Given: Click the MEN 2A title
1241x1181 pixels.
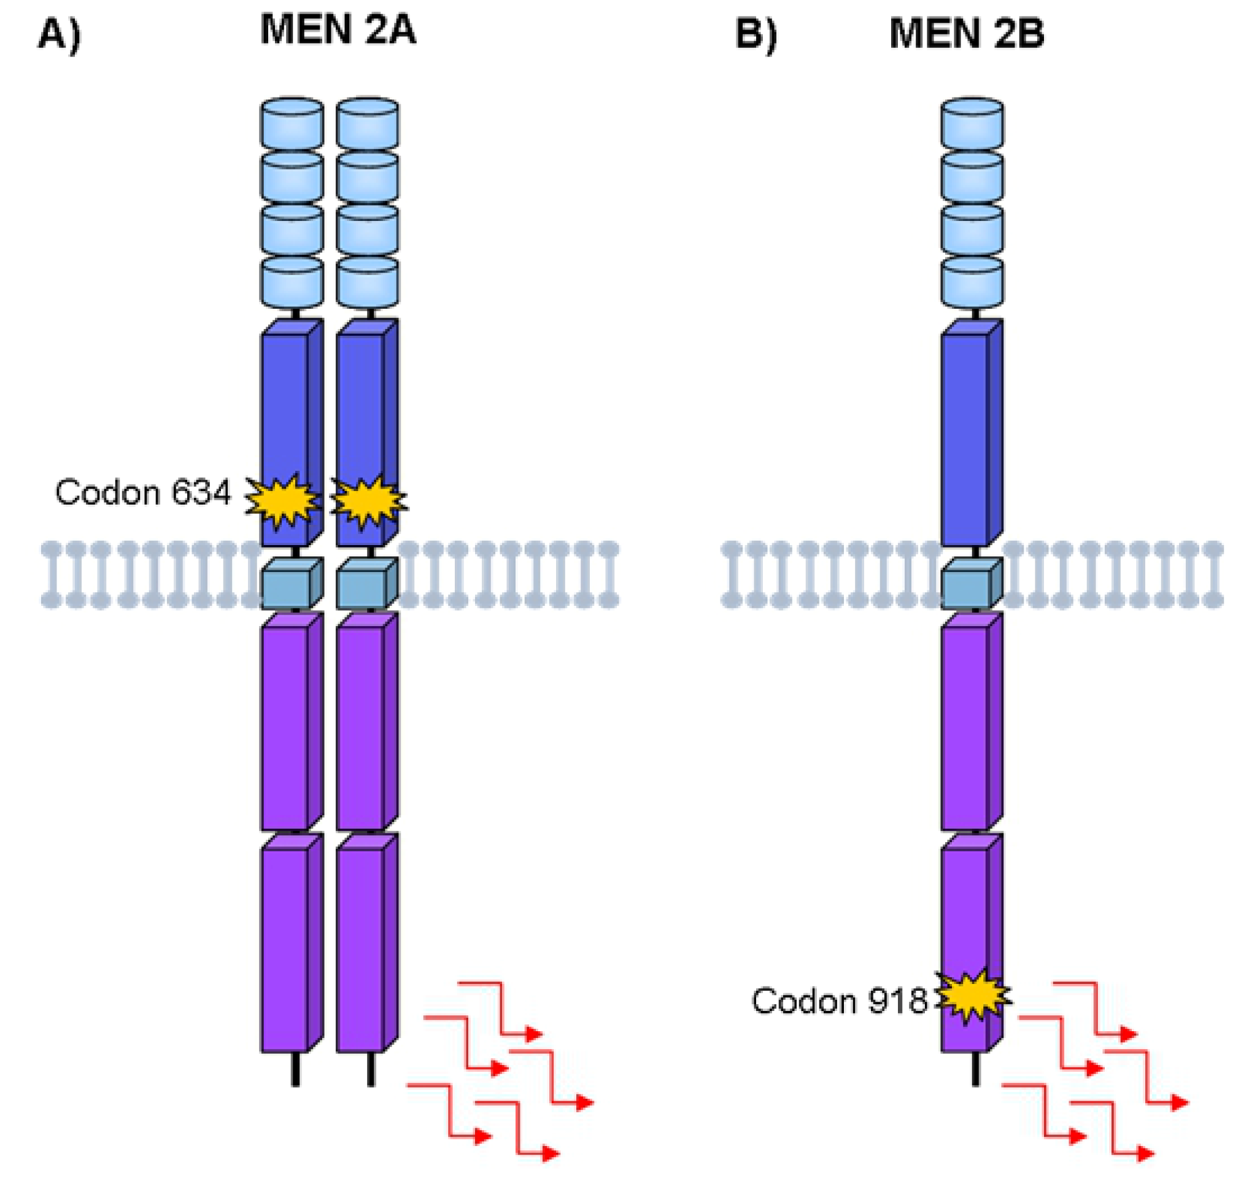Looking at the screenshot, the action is coord(338,30).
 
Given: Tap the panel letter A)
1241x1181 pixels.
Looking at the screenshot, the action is coord(59,34).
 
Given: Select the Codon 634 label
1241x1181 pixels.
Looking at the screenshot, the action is coord(143,492).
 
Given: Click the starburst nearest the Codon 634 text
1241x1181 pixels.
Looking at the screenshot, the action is coord(282,501).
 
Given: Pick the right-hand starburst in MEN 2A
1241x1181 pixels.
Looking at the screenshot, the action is coord(368,501).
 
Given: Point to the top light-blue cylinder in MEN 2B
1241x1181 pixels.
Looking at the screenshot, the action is coord(972,123).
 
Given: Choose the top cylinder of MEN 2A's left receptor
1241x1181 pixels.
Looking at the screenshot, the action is coord(292,123).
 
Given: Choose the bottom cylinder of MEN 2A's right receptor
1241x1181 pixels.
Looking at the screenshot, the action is coord(368,282).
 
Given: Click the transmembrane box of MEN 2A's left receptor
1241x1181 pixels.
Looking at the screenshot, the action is coord(292,584).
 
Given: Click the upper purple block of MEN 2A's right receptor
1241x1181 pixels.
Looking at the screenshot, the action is coord(368,721).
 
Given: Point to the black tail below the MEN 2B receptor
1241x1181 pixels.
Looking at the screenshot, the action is coord(975,1069).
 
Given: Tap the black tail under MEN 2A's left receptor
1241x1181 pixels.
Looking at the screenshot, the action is coord(295,1069).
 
